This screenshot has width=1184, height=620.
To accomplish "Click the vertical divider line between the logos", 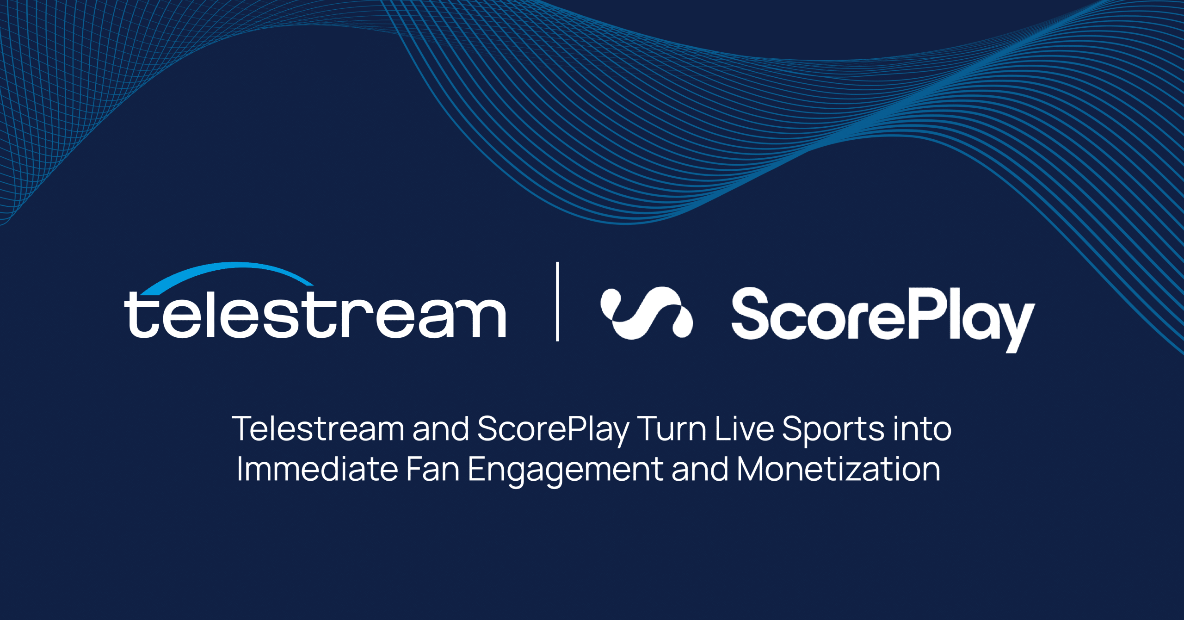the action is coord(557,301).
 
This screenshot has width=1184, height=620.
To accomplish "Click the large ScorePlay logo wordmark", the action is coord(883,319).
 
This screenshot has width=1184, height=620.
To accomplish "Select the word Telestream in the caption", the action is coord(318,428).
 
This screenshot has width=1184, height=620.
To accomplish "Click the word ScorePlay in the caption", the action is coord(553,430).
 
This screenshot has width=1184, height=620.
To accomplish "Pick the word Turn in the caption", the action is coord(672,428).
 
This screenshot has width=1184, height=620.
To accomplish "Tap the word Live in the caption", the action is coord(744,428).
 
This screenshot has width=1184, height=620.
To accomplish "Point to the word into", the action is coord(922,428).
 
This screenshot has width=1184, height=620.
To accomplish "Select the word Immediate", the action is coord(317,469).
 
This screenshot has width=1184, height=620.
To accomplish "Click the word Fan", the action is coord(433,469).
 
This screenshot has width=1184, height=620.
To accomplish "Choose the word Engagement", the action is coord(566,471).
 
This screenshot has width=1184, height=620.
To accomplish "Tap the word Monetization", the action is coord(839,469).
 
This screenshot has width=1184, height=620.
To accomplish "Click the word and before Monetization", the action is coord(700,469).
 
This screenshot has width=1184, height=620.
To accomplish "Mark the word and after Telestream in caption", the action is coord(441,428).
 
